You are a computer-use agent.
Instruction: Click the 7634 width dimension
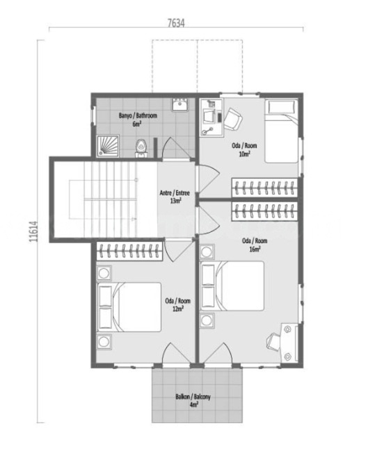pyautogui.click(x=175, y=23)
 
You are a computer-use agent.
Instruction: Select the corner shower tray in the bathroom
pyautogui.click(x=109, y=143)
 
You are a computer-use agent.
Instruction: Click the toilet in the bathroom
pyautogui.click(x=142, y=147)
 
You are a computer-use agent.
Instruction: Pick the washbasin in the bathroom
pyautogui.click(x=180, y=106)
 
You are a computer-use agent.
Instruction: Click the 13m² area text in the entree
pyautogui.click(x=175, y=201)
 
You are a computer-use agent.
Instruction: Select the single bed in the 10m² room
pyautogui.click(x=282, y=130)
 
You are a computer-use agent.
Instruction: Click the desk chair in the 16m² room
pyautogui.click(x=273, y=340)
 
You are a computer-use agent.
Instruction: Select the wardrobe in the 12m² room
pyautogui.click(x=130, y=250)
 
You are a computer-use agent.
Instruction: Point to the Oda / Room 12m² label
pyautogui.click(x=177, y=305)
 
